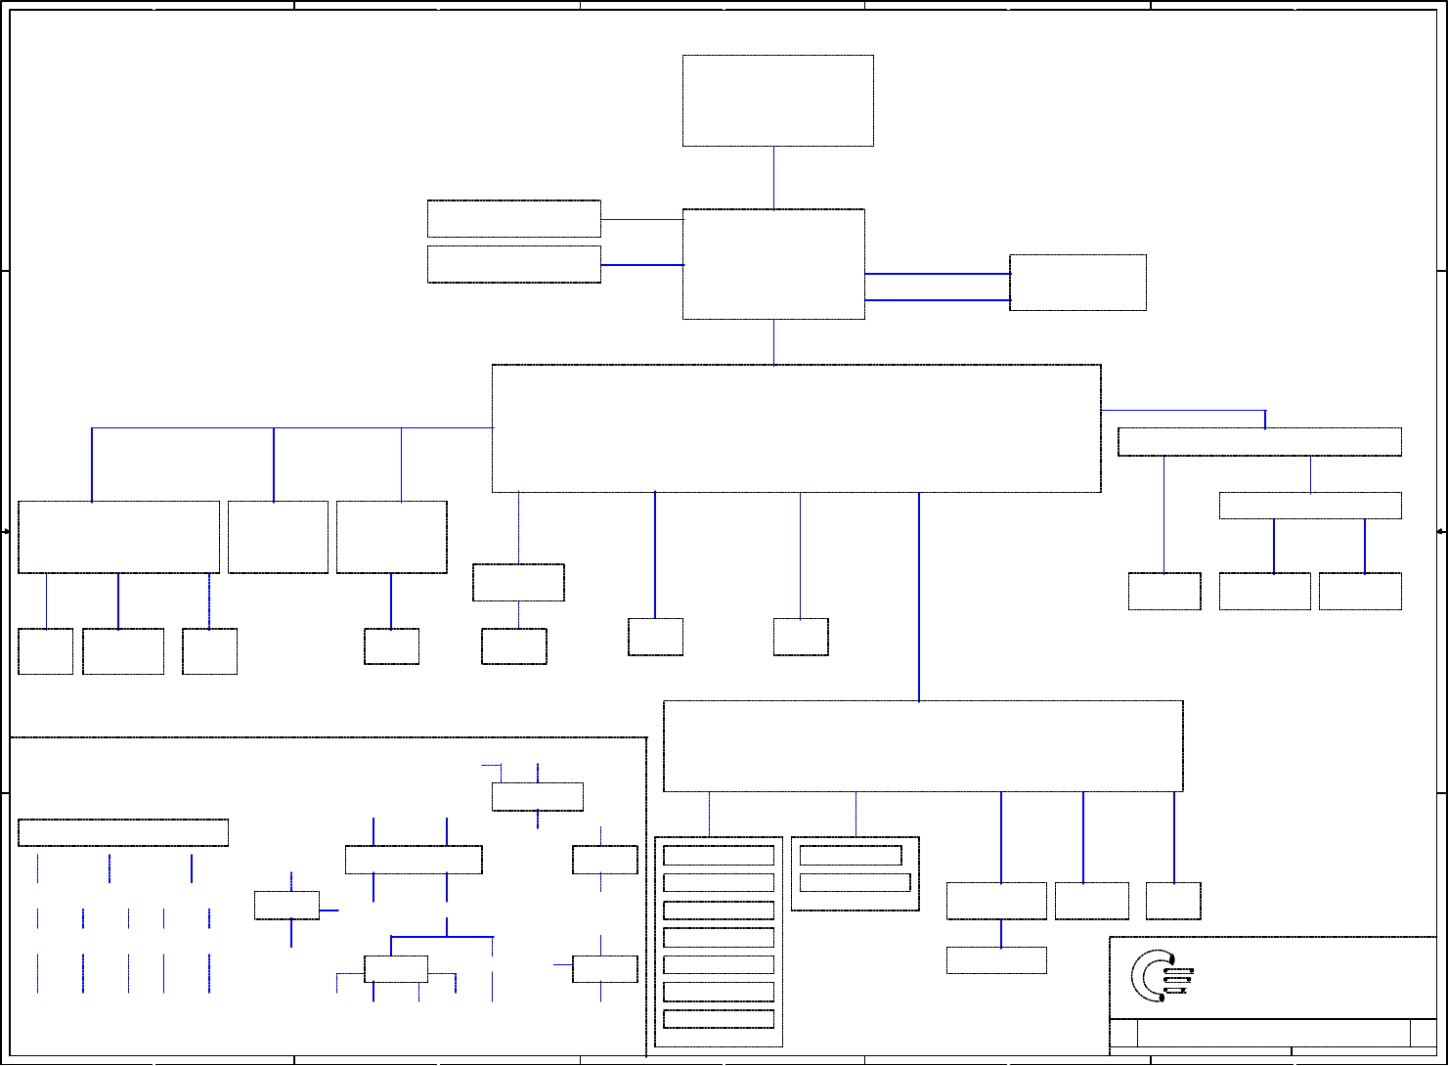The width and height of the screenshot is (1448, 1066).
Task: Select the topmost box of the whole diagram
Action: tap(777, 101)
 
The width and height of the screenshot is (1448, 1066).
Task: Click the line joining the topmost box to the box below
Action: tap(773, 177)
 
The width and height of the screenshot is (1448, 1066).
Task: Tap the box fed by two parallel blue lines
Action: tap(1077, 283)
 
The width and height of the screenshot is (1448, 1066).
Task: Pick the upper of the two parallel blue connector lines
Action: tap(937, 274)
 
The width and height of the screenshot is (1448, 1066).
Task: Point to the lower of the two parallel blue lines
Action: tap(937, 300)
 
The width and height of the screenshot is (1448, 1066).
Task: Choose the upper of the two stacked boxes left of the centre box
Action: tap(513, 218)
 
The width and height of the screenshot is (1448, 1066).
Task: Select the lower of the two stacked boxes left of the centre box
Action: tap(513, 264)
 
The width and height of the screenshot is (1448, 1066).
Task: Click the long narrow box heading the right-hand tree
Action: tap(1259, 441)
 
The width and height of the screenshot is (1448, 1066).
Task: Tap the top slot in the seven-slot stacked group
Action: tap(719, 856)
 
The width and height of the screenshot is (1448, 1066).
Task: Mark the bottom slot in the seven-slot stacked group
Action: tap(719, 1019)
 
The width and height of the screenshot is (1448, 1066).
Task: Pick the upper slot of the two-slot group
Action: tap(851, 856)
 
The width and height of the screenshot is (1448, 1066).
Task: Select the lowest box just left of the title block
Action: tap(996, 960)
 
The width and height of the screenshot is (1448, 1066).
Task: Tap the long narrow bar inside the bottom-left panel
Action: tap(123, 832)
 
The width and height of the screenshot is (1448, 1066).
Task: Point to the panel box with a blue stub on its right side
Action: tap(286, 905)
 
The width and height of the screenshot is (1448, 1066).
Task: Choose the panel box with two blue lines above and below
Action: tap(414, 860)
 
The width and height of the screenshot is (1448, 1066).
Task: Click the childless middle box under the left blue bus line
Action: tap(278, 537)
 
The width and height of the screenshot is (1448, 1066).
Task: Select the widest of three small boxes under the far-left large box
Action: tap(123, 651)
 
